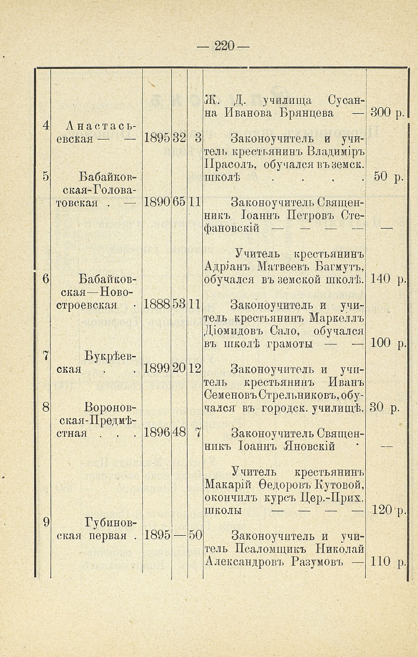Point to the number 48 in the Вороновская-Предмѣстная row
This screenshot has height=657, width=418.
(179, 433)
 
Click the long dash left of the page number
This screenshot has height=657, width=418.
(204, 47)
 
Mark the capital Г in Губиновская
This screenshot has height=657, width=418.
(89, 523)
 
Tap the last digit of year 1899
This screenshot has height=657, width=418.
(167, 369)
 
